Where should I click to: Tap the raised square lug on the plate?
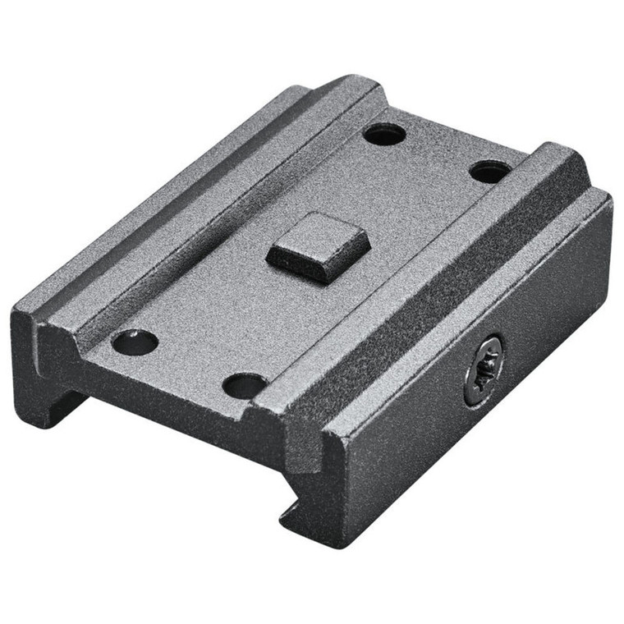[x=308, y=248]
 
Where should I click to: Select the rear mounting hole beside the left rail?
[x=384, y=134]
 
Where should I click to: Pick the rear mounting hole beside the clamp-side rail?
[x=490, y=172]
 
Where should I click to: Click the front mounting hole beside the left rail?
[x=135, y=342]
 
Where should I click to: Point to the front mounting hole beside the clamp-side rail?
[x=245, y=385]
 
